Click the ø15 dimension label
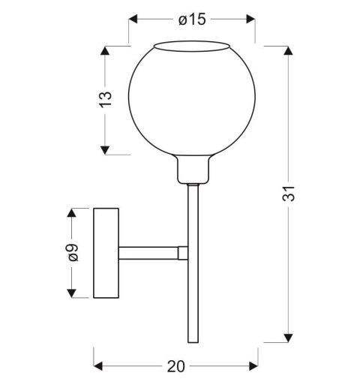(192, 20)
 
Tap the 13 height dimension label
(106, 100)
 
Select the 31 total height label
(289, 194)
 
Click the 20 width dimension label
(176, 366)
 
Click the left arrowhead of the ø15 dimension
(133, 19)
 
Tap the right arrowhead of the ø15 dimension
(250, 19)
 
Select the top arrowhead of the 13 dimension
(105, 51)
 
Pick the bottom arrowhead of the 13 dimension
(105, 150)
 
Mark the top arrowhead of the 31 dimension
(289, 51)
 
